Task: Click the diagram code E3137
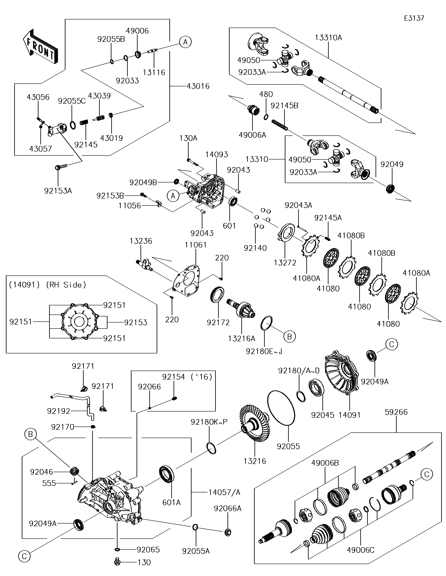414,18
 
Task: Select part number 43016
198,86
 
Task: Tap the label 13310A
328,38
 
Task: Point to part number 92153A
58,191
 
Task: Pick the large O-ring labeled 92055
281,408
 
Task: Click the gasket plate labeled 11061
187,280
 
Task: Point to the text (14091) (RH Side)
47,285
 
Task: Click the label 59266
396,412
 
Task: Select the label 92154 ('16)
187,377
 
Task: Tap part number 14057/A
224,492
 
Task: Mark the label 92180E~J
264,351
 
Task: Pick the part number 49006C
360,550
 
